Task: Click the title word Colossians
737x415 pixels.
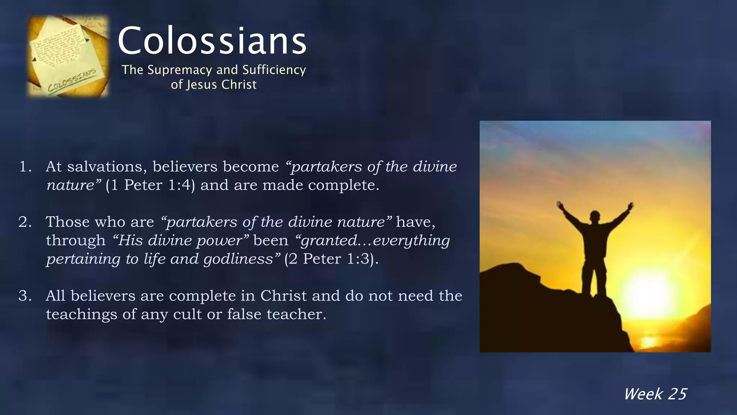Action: pos(212,41)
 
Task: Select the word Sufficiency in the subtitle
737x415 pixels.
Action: pos(274,70)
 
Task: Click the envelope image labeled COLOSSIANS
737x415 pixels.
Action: pos(68,56)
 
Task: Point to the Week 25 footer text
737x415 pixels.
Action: pos(655,394)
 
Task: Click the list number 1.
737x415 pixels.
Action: pos(25,167)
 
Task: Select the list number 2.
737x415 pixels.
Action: pos(25,222)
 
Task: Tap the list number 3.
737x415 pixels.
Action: pos(25,296)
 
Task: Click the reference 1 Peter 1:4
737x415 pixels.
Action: pos(150,185)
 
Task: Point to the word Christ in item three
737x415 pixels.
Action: pos(284,296)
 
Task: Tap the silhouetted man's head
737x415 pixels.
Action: pos(595,217)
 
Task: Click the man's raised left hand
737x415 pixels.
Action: pos(560,205)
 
